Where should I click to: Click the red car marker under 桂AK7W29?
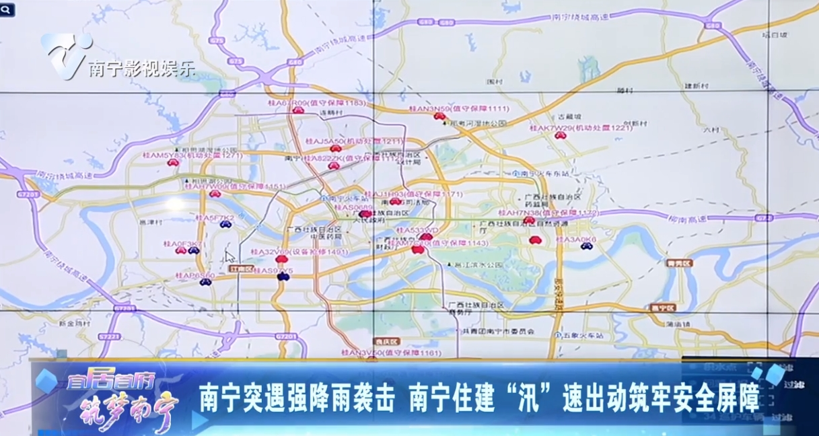click(x=559, y=135)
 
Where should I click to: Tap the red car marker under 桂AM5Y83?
click(x=173, y=163)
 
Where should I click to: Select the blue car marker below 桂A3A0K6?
click(x=586, y=247)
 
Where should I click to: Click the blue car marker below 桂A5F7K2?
click(x=226, y=224)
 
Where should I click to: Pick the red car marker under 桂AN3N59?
click(x=439, y=116)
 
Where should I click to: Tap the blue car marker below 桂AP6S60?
click(x=206, y=282)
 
